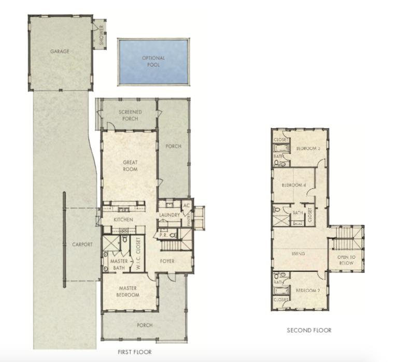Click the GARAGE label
[x=60, y=51]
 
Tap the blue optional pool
[x=153, y=61]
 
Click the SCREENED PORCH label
[x=130, y=115]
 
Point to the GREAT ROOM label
[x=130, y=166]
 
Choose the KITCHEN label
[x=123, y=220]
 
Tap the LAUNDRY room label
[x=169, y=215]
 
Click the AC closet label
[x=187, y=206]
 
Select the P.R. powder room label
[x=163, y=235]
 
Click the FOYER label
[x=167, y=261]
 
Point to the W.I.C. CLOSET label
[x=139, y=253]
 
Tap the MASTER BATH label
[x=119, y=265]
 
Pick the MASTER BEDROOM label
[x=128, y=292]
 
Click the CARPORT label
[x=82, y=244]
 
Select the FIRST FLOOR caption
[x=134, y=352]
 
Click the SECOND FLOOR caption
[x=309, y=330]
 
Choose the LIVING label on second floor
[x=298, y=254]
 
